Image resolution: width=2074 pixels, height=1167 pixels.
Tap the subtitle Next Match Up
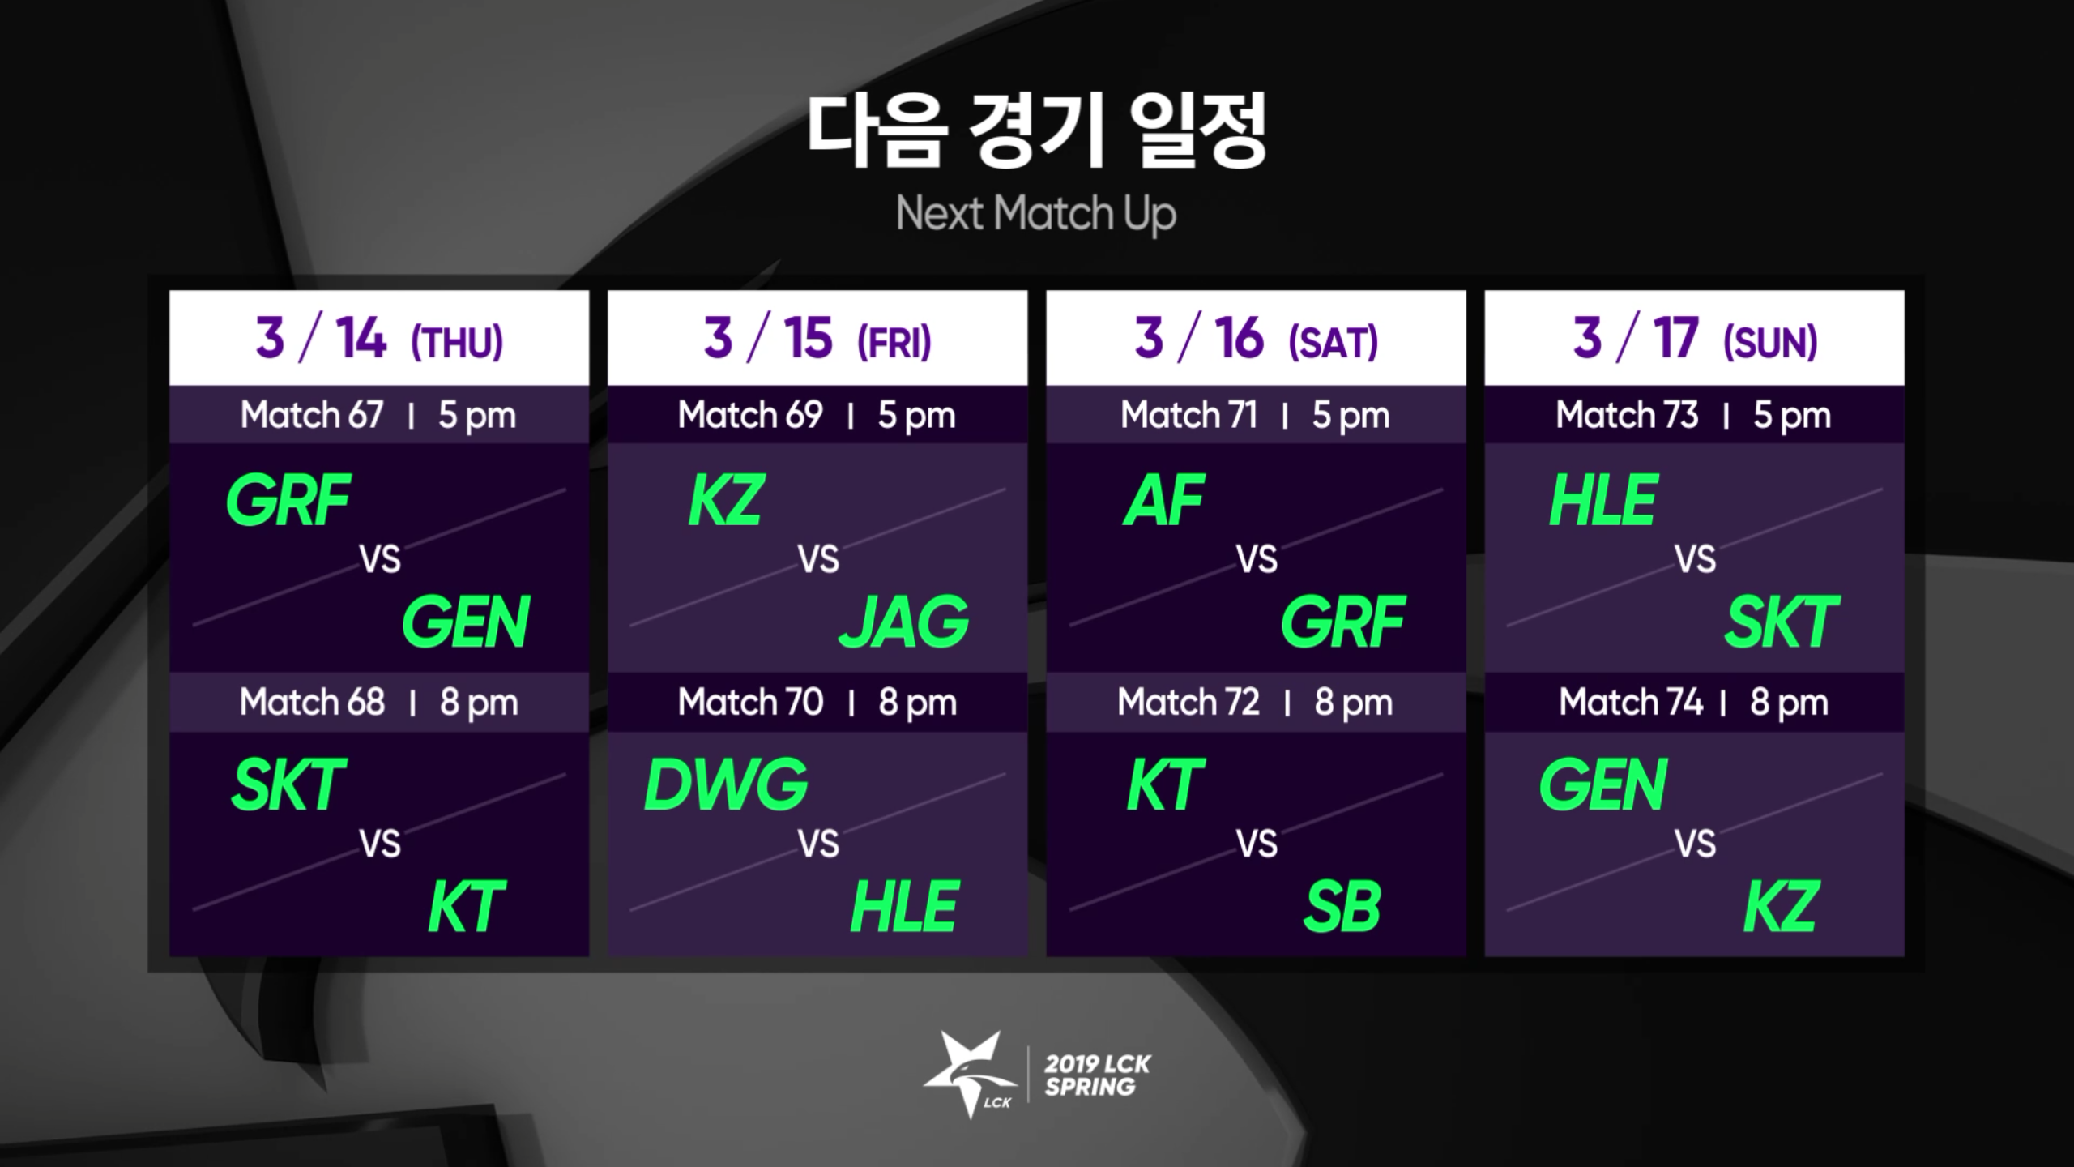(1036, 214)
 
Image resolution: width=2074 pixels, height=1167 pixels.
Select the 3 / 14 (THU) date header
(379, 338)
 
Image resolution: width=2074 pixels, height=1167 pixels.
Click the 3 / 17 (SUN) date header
(1695, 338)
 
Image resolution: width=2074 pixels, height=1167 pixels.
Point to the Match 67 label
(312, 415)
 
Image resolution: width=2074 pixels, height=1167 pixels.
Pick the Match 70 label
(750, 702)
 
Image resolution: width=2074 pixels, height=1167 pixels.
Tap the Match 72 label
(1188, 702)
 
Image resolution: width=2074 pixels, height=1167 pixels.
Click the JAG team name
(904, 622)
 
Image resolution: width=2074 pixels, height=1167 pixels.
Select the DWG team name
(726, 784)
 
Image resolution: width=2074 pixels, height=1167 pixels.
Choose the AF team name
(1164, 500)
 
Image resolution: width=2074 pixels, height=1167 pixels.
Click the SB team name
(1342, 907)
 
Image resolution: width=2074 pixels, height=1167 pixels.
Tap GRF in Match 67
(288, 500)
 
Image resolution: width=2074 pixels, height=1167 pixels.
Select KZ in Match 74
(1781, 907)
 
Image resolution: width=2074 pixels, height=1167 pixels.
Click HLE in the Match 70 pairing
(904, 907)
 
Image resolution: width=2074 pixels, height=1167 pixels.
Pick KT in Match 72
(1166, 784)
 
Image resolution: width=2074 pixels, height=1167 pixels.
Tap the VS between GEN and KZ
(1695, 844)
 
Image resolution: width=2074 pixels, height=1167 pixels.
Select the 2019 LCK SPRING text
(1097, 1075)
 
